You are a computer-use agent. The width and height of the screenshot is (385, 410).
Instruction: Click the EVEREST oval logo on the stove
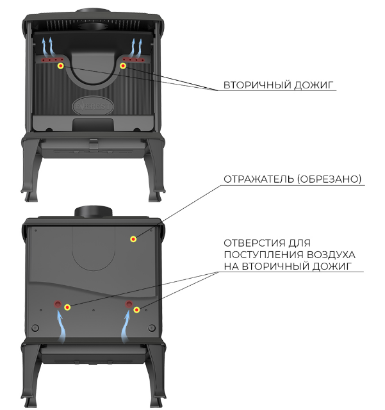(93, 106)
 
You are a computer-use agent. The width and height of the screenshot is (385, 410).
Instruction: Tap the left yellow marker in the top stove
(61, 65)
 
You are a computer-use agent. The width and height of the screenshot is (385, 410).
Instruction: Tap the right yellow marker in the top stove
(123, 65)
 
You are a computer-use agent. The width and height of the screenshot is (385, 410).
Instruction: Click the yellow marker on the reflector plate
(133, 239)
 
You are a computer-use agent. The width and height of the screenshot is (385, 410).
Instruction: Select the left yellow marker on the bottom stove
(67, 307)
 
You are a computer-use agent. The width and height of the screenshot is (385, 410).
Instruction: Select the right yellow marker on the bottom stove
(136, 310)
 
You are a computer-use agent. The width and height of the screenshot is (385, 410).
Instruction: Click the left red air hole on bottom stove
(58, 304)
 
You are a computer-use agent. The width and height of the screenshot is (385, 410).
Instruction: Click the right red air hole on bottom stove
(129, 304)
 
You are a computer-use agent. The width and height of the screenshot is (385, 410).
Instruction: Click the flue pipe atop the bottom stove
(94, 211)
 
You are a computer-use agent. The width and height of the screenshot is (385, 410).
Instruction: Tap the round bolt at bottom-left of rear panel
(35, 328)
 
